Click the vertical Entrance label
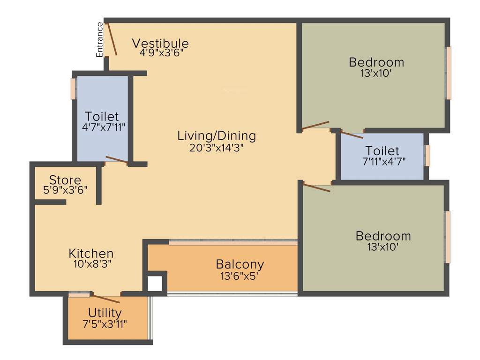tap(99, 40)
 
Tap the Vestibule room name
tap(160, 44)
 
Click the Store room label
tap(65, 180)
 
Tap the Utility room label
tap(105, 313)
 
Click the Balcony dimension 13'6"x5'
tap(240, 276)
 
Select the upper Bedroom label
tap(376, 62)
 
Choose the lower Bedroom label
tap(383, 236)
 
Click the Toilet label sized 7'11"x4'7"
tap(382, 151)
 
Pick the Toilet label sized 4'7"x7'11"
tap(102, 116)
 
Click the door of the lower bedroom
tap(316, 187)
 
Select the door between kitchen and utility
tap(105, 298)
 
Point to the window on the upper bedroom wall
tap(449, 73)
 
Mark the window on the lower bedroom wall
tap(448, 237)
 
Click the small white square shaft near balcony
tap(155, 283)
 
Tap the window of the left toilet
tap(73, 89)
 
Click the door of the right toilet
tap(351, 135)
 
